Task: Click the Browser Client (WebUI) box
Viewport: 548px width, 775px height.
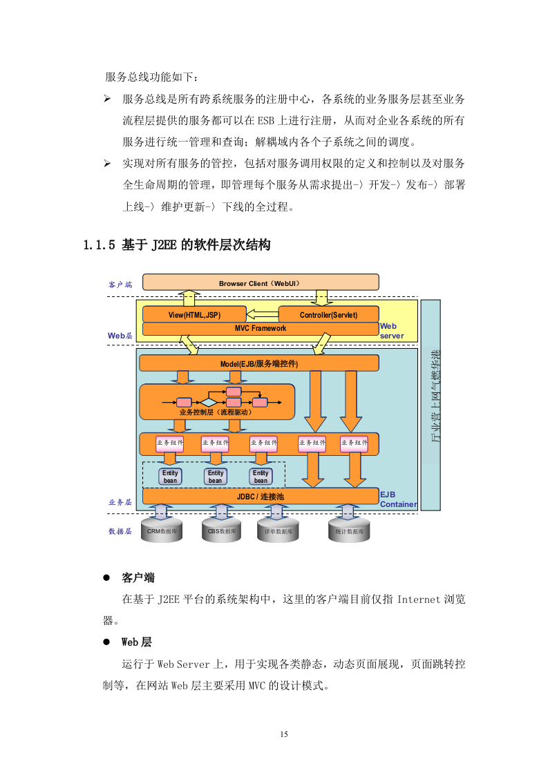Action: (x=260, y=283)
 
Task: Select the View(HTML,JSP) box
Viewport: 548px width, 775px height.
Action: (x=193, y=314)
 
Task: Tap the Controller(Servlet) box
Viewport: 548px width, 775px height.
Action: (x=328, y=314)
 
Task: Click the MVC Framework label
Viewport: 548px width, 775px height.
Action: (x=260, y=328)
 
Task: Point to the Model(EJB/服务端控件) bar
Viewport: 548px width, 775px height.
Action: (x=259, y=363)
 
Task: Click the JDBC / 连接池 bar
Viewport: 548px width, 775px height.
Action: (x=260, y=496)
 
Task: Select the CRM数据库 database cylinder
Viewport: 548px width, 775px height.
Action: (x=161, y=531)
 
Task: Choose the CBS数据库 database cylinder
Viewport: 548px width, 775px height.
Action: (x=222, y=531)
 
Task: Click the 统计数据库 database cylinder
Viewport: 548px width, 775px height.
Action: (x=349, y=531)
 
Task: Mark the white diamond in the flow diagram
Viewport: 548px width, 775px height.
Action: (x=209, y=402)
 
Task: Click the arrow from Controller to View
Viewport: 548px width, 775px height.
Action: (x=262, y=314)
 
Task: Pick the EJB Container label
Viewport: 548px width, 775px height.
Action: (x=397, y=499)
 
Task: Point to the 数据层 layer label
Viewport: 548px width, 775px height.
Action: (x=120, y=531)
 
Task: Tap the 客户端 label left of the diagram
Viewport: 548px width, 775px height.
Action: (x=120, y=284)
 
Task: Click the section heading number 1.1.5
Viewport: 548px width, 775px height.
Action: (x=98, y=245)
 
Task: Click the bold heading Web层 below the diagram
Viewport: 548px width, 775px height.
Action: (x=136, y=642)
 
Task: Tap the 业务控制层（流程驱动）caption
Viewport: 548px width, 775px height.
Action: (x=215, y=412)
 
